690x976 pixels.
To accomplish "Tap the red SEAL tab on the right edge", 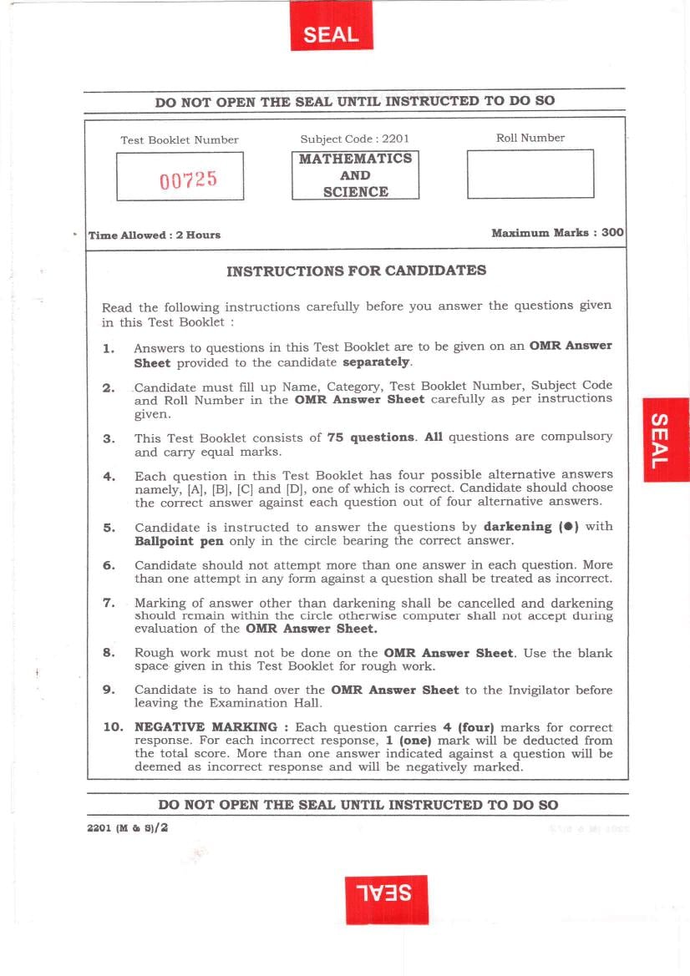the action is (x=666, y=439).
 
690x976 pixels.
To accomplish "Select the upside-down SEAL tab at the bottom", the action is (x=386, y=899).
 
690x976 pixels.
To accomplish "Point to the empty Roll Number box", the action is (x=530, y=174).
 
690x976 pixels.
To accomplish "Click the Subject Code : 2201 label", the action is (x=354, y=139).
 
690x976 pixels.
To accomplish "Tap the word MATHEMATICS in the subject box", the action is (x=355, y=159).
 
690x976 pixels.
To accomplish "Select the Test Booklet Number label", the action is (x=180, y=139).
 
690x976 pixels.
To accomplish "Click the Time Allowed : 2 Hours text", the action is (x=155, y=235).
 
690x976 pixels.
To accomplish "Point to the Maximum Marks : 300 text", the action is (x=557, y=233).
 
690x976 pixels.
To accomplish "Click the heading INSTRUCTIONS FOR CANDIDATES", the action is (x=356, y=271).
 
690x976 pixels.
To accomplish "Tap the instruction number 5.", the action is (x=109, y=528).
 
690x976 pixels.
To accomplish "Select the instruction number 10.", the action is (x=113, y=727).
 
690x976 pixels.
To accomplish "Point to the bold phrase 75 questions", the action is (x=370, y=437).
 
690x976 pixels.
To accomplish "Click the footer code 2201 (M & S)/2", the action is (x=127, y=827).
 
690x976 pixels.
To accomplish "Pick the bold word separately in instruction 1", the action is (x=377, y=362).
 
